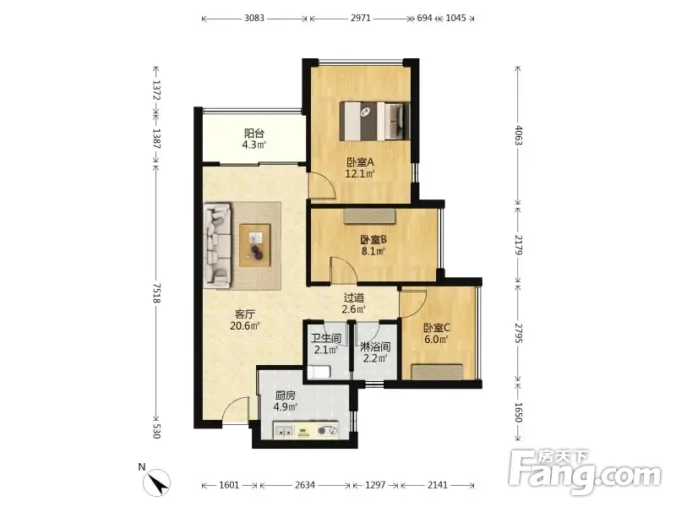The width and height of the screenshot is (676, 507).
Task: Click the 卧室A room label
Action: [x=360, y=162]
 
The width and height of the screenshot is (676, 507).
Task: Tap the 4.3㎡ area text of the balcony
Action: [x=254, y=144]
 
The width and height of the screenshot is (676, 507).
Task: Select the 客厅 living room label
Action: [x=244, y=314]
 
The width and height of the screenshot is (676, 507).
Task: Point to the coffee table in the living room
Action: [x=255, y=245]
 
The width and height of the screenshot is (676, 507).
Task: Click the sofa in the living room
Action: [x=217, y=245]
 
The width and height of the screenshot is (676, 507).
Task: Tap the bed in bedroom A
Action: [x=374, y=121]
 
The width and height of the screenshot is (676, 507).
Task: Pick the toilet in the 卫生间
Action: [x=319, y=372]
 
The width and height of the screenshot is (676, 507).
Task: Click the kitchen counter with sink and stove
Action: [x=306, y=430]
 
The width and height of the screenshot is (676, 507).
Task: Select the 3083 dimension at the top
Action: [x=254, y=18]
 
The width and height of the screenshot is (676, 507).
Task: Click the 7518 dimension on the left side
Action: [x=156, y=292]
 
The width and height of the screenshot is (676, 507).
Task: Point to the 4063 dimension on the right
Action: [x=518, y=135]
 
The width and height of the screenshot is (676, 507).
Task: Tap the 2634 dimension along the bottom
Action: [x=305, y=485]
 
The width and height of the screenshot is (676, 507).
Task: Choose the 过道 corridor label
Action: [x=354, y=297]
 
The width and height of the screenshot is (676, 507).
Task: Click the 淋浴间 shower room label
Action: [x=375, y=346]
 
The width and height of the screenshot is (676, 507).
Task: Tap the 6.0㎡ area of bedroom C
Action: [x=436, y=340]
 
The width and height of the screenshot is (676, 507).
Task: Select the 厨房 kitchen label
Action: [x=285, y=395]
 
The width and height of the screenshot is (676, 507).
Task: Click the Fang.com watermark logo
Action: [x=585, y=472]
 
